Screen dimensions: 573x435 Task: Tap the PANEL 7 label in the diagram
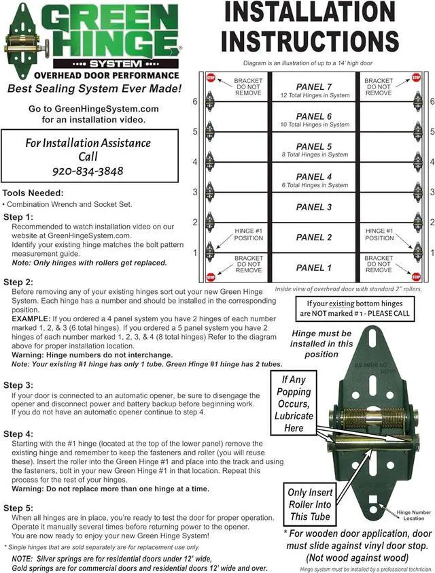click(314, 86)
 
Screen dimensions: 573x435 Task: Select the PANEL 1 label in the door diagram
click(314, 267)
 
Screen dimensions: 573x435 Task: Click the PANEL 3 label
click(314, 207)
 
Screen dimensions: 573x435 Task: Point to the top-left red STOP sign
click(211, 78)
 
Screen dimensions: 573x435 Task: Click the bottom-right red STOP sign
click(416, 277)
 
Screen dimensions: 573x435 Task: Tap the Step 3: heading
click(18, 385)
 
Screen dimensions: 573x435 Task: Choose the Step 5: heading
click(18, 508)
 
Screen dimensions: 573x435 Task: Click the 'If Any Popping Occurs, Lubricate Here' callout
click(294, 403)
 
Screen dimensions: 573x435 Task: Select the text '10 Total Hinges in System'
click(314, 125)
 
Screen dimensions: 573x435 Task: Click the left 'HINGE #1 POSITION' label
click(248, 234)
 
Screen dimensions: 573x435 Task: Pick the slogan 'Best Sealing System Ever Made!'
click(94, 88)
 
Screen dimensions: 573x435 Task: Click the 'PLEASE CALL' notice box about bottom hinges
click(358, 308)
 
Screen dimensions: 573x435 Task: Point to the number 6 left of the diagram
click(195, 101)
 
